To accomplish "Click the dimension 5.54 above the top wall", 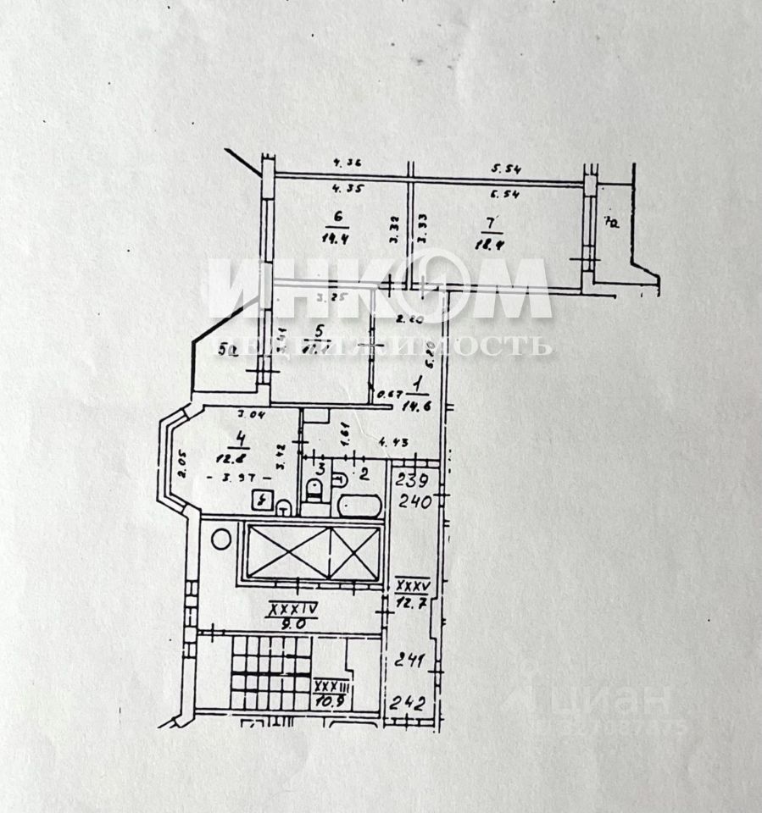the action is point(507,169).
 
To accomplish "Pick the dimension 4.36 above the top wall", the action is point(348,164).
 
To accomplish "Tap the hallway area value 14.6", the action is point(418,406).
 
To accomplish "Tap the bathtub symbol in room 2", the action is point(359,506).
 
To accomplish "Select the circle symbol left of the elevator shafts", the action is point(222,537).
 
